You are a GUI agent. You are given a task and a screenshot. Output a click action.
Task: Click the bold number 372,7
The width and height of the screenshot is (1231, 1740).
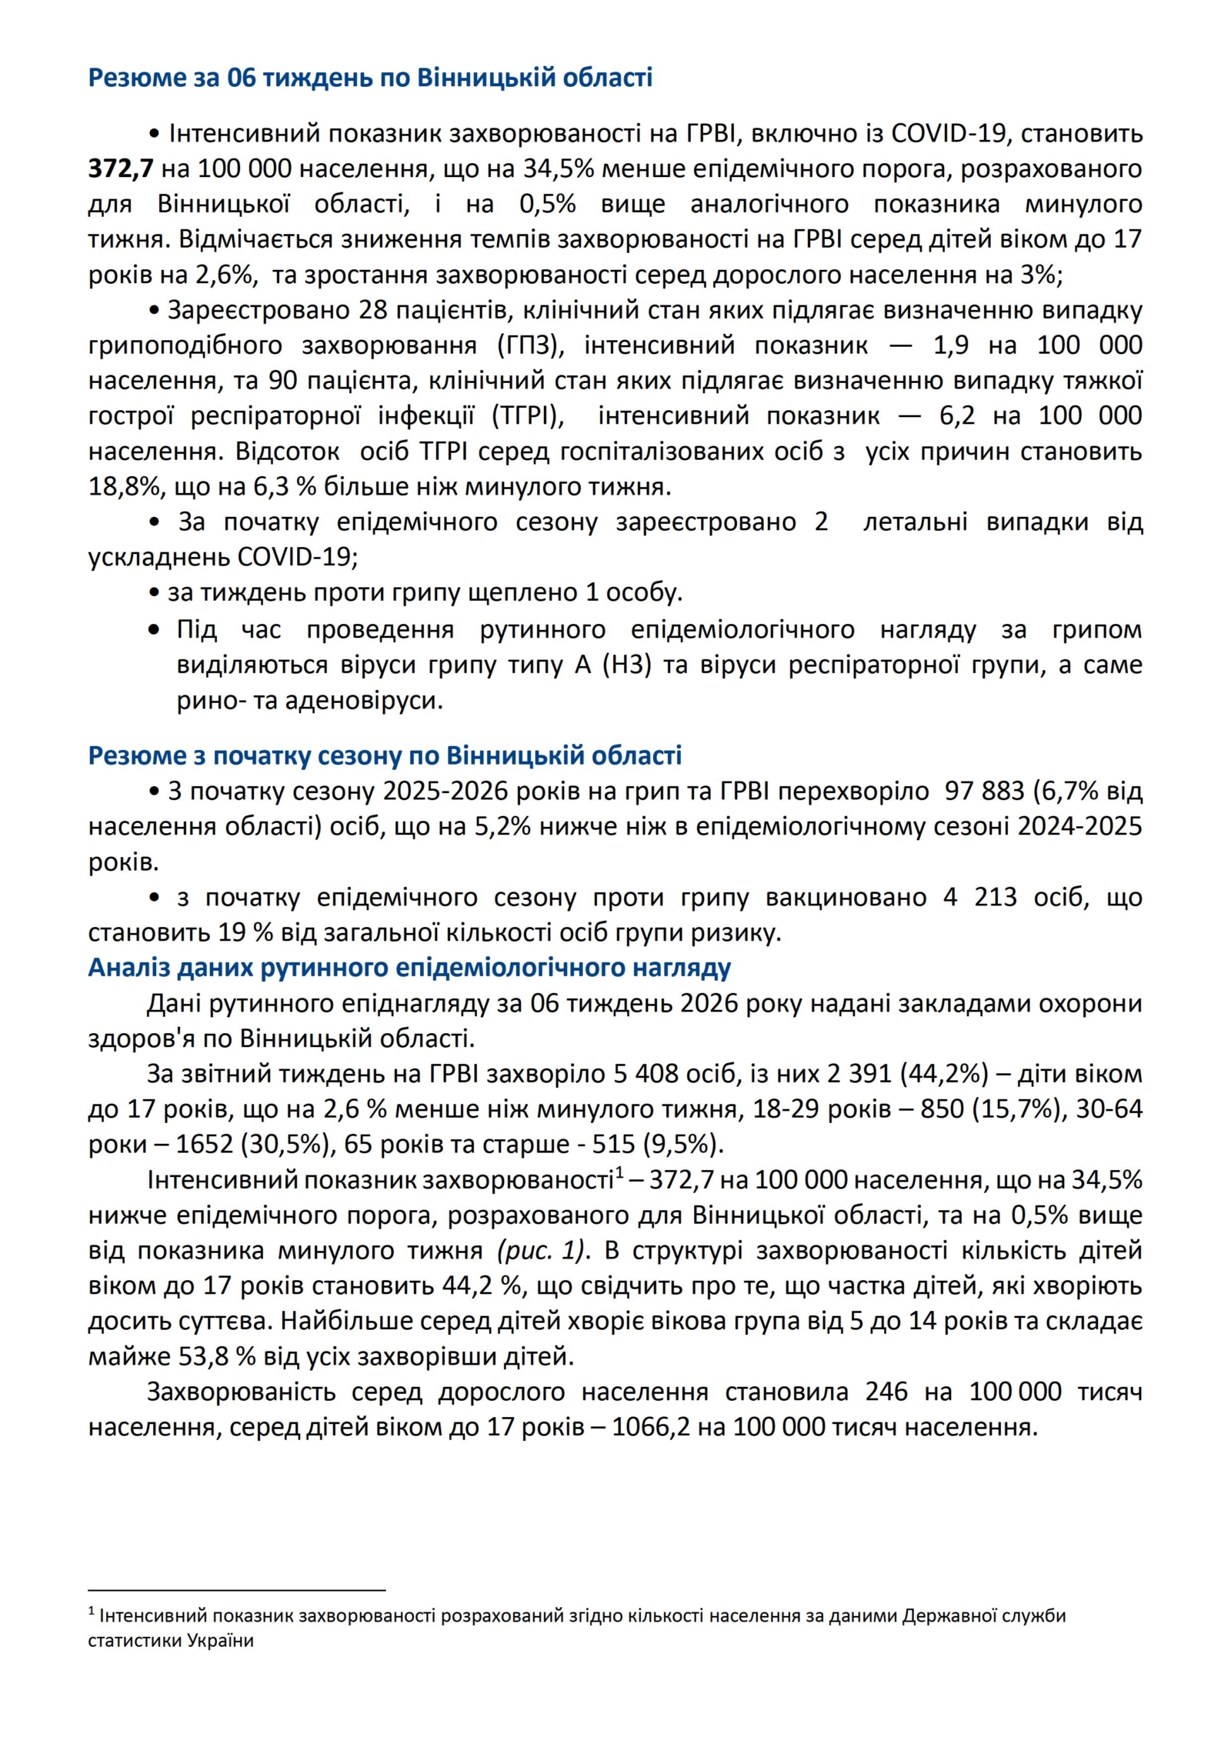121,168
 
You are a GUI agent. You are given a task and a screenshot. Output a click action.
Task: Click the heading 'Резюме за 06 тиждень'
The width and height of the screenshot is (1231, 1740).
370,78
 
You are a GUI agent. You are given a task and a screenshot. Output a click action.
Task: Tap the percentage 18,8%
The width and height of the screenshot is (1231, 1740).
118,487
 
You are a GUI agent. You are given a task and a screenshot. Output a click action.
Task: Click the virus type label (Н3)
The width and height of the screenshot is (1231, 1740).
626,665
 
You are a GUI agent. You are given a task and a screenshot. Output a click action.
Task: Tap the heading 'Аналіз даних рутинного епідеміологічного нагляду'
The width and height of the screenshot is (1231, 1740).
409,967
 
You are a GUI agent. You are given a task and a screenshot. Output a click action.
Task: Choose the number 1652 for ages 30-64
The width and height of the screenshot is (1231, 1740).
204,1145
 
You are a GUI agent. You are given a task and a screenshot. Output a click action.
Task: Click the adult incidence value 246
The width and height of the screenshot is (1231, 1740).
886,1392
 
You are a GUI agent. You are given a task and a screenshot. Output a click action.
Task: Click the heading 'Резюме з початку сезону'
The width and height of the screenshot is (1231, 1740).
385,755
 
